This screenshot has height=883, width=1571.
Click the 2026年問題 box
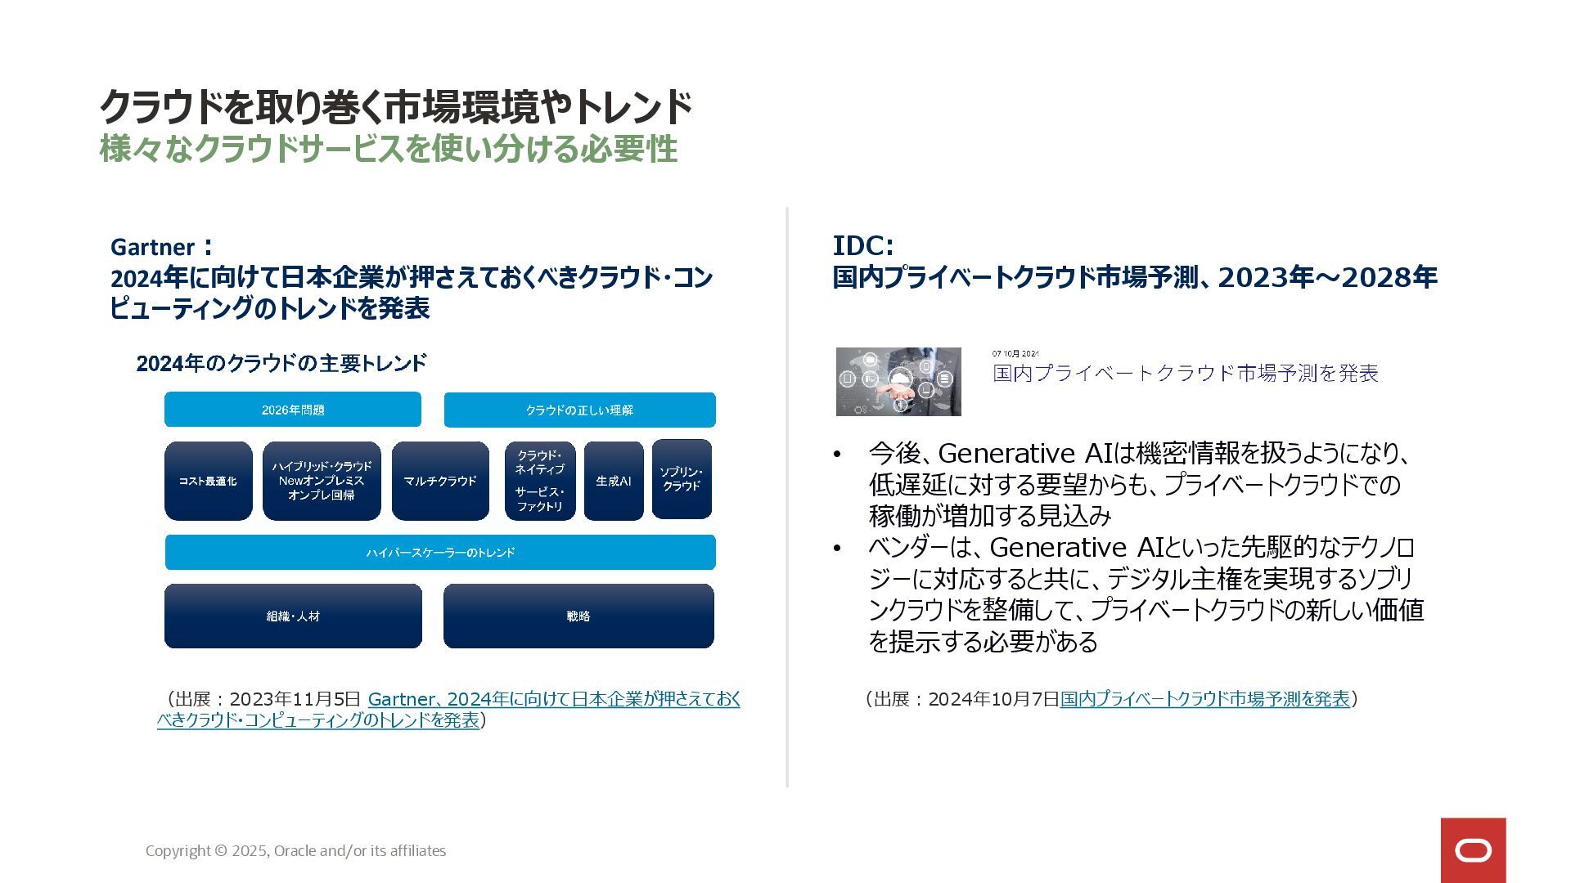coord(293,410)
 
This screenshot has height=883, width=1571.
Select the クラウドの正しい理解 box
coord(579,410)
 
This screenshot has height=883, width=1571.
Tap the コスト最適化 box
coord(208,481)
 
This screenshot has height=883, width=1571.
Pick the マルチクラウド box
coord(440,481)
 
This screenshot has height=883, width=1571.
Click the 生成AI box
coord(614,481)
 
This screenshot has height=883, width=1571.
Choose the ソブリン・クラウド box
coord(682,479)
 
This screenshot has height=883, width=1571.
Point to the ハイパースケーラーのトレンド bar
coord(440,553)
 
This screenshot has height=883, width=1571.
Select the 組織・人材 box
coord(293,616)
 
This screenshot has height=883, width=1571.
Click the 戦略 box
coord(578,616)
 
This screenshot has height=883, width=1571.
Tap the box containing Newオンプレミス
coord(322,481)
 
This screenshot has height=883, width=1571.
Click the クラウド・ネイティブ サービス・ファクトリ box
coord(540,481)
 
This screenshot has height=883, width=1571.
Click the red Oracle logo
coord(1473,850)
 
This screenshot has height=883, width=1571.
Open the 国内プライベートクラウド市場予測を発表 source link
coord(1204,699)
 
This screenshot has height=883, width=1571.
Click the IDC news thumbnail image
coord(898,382)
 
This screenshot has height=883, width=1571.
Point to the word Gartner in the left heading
coord(152,247)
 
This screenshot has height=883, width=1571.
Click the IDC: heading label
coord(863,245)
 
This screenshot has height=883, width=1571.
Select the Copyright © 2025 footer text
coord(295,851)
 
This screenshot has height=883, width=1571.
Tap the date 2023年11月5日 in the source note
coord(295,699)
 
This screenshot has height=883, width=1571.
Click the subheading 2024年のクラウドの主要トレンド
coord(281,363)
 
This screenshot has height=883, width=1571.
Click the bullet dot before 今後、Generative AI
coord(836,455)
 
